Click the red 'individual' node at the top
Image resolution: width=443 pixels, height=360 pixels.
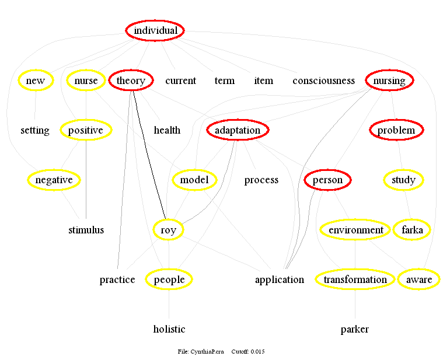[x=155, y=30]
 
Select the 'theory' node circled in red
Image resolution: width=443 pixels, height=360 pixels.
[x=131, y=81]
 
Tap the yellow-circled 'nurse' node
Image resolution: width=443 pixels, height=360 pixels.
[x=86, y=81]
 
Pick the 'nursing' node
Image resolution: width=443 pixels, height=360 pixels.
[x=389, y=81]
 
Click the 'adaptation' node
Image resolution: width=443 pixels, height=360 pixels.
[x=238, y=130]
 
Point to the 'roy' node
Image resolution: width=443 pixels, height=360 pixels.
[x=168, y=230]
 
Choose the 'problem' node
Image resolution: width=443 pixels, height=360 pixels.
[x=396, y=130]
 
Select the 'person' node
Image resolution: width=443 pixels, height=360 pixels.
[x=327, y=180]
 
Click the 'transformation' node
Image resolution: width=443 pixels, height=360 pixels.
[x=355, y=279]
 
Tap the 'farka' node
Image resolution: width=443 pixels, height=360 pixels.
[x=412, y=230]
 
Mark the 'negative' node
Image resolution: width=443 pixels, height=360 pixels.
[x=53, y=180]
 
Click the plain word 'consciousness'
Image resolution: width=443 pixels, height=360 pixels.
[x=323, y=81]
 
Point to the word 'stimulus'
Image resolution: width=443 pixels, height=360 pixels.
[x=86, y=230]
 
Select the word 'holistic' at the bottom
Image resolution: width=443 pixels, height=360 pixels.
[x=169, y=329]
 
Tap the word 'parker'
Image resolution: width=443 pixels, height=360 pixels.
[x=355, y=329]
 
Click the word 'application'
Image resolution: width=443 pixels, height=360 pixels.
[x=279, y=279]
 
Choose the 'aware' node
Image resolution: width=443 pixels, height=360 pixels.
[x=419, y=279]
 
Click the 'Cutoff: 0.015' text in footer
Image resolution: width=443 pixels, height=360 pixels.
[x=248, y=351]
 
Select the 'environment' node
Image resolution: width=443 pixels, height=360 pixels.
[x=355, y=230]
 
